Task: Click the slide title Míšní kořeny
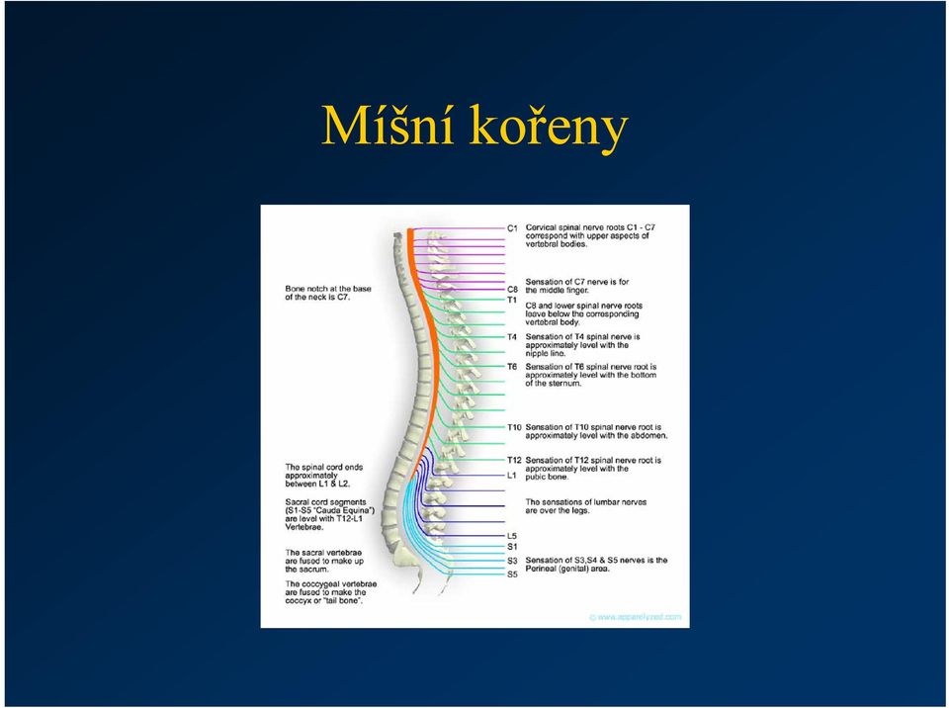pyautogui.click(x=474, y=126)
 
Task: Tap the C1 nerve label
pyautogui.click(x=513, y=228)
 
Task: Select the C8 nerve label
pyautogui.click(x=513, y=290)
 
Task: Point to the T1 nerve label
pyautogui.click(x=512, y=300)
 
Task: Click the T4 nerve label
pyautogui.click(x=512, y=337)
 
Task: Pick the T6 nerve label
pyautogui.click(x=512, y=367)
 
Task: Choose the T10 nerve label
pyautogui.click(x=514, y=427)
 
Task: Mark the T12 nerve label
pyautogui.click(x=514, y=460)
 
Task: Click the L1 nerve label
pyautogui.click(x=512, y=476)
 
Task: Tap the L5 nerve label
pyautogui.click(x=512, y=536)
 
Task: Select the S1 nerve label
pyautogui.click(x=512, y=546)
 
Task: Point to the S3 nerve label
pyautogui.click(x=512, y=561)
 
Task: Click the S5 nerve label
pyautogui.click(x=512, y=575)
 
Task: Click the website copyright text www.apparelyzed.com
pyautogui.click(x=636, y=617)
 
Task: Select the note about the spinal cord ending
pyautogui.click(x=324, y=476)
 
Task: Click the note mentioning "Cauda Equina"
pyautogui.click(x=330, y=515)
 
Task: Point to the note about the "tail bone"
pyautogui.click(x=330, y=592)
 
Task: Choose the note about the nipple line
pyautogui.click(x=582, y=345)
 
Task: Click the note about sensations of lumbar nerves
pyautogui.click(x=586, y=506)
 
